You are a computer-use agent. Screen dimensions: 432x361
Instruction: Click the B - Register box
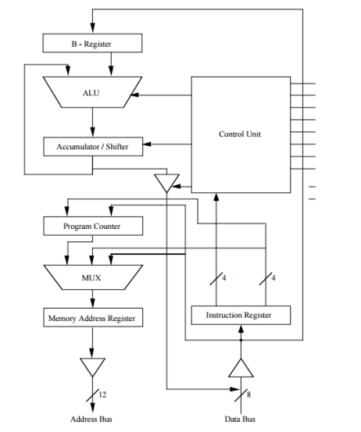click(x=92, y=44)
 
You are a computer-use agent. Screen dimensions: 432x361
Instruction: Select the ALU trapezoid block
click(x=92, y=92)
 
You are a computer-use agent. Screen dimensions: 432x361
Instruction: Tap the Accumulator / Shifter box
click(x=92, y=146)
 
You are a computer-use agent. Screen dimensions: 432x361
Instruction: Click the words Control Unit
click(x=240, y=134)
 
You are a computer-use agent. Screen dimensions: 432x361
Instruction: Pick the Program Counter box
click(x=92, y=227)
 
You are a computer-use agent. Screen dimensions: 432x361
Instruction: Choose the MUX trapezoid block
click(x=92, y=277)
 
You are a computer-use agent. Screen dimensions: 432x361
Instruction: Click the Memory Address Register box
click(x=92, y=319)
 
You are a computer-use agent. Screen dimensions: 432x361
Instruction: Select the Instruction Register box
click(x=241, y=315)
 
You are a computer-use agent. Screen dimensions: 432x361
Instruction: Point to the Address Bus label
click(x=92, y=420)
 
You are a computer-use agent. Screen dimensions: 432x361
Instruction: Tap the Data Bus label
click(x=241, y=420)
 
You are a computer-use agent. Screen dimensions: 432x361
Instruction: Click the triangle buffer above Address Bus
click(x=92, y=366)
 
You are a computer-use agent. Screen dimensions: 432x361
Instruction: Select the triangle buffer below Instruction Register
click(x=241, y=368)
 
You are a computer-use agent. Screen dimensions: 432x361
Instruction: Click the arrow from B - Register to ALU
click(x=92, y=65)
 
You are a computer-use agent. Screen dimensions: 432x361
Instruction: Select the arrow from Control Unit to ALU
click(x=164, y=95)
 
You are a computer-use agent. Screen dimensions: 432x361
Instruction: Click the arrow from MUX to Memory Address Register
click(x=92, y=298)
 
